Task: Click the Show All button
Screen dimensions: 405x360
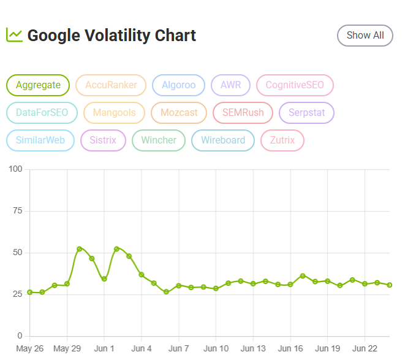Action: (x=365, y=36)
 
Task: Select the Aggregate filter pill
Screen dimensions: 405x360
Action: (x=38, y=85)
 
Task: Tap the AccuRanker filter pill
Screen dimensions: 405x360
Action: (x=111, y=85)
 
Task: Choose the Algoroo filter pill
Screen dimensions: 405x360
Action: (x=178, y=85)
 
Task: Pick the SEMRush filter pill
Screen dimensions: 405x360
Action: (x=243, y=113)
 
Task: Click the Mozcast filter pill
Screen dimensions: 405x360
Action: (x=179, y=113)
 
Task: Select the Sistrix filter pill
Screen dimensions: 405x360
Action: (x=103, y=140)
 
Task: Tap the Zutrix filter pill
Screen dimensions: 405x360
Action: (x=282, y=140)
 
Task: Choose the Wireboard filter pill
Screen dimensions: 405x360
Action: (x=223, y=140)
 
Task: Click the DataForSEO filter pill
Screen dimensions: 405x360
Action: (x=42, y=113)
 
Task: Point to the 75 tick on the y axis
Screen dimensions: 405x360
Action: (x=18, y=211)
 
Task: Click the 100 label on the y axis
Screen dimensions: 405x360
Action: (x=15, y=169)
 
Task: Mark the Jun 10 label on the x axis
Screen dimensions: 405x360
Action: (x=216, y=348)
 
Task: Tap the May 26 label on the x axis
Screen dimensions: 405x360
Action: (x=29, y=348)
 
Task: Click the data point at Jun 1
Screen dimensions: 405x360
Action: (x=104, y=279)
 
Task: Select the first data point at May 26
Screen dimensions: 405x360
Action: (x=29, y=293)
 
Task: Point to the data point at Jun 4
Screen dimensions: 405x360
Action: (x=142, y=275)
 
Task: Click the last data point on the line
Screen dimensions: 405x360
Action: (x=390, y=285)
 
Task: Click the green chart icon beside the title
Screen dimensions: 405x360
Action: (x=14, y=35)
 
